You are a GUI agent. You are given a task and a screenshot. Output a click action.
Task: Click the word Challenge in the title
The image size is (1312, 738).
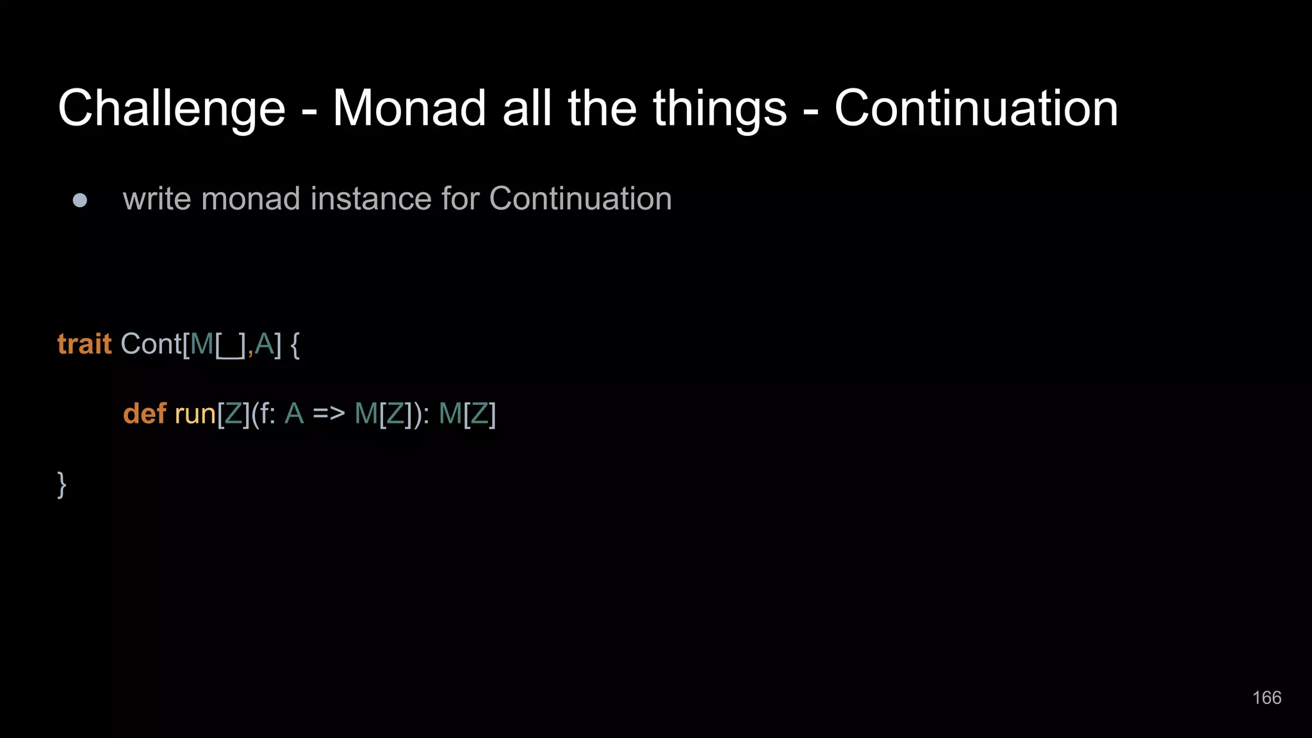[x=172, y=109]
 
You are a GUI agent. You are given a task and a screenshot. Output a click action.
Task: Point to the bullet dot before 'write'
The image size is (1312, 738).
[x=80, y=201]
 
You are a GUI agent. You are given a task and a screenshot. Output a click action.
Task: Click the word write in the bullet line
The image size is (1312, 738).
[x=157, y=199]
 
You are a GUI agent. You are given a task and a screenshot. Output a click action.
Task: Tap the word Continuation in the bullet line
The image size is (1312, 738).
[x=580, y=199]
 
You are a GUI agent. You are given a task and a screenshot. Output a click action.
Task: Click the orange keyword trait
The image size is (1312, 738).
[x=85, y=344]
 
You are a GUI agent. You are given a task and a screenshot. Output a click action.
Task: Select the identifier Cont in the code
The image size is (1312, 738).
[x=151, y=344]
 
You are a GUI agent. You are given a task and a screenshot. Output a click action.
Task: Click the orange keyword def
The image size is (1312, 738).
[x=145, y=414]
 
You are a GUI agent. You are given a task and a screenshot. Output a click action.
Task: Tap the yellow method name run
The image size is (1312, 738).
[x=195, y=414]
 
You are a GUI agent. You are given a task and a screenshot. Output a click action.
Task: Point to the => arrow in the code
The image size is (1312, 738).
[x=329, y=414]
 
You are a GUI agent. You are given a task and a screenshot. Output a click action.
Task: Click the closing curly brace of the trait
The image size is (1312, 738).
[x=61, y=484]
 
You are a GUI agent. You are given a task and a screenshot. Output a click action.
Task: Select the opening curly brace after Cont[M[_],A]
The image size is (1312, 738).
[x=295, y=345]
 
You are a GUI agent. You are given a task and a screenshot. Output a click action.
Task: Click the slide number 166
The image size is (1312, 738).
[x=1267, y=698]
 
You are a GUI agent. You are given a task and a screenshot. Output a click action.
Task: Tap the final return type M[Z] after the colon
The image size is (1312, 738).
[x=467, y=414]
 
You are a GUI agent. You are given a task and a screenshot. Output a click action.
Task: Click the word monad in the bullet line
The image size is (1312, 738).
[x=250, y=199]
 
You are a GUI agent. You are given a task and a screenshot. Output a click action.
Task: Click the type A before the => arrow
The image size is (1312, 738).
[x=294, y=414]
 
